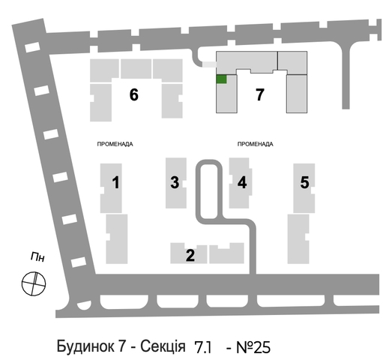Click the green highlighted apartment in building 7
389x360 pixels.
click(221, 79)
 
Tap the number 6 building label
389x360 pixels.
click(134, 94)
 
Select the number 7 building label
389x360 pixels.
click(260, 94)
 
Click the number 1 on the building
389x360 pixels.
click(115, 182)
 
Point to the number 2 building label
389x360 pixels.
click(190, 255)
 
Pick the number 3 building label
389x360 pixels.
click(175, 182)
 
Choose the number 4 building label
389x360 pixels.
click(242, 182)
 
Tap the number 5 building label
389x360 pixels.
click(304, 182)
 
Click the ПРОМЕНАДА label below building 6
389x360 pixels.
click(115, 144)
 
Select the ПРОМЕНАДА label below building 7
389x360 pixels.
click(255, 144)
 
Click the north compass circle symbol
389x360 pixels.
click(34, 283)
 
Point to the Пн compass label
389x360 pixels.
click(37, 257)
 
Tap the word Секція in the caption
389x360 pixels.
click(163, 346)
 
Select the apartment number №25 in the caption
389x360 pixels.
click(253, 347)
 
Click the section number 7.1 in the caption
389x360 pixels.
click(203, 348)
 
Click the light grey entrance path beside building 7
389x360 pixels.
click(209, 64)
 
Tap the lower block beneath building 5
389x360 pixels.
click(298, 239)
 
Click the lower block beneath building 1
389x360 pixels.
click(117, 239)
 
